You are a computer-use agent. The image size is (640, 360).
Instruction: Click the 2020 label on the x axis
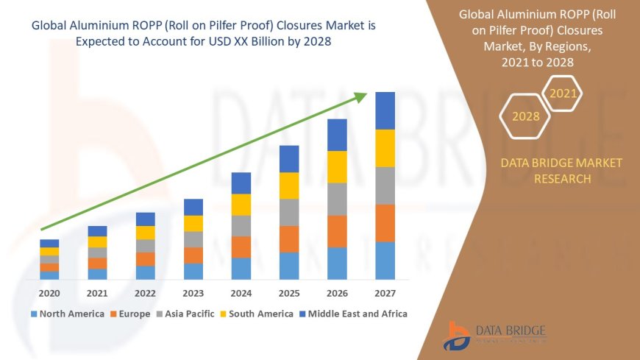pyautogui.click(x=49, y=292)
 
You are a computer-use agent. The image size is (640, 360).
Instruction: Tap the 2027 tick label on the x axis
pyautogui.click(x=385, y=292)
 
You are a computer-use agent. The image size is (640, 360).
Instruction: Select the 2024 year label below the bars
pyautogui.click(x=241, y=292)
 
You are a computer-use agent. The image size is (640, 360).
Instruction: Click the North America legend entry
pyautogui.click(x=67, y=314)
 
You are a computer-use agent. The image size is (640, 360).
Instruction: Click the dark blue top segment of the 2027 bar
pyautogui.click(x=385, y=110)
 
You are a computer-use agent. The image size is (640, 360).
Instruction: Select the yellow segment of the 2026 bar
pyautogui.click(x=337, y=166)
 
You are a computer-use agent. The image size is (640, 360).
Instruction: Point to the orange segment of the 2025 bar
pyautogui.click(x=289, y=239)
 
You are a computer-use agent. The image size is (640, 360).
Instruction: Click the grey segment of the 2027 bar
pyautogui.click(x=385, y=186)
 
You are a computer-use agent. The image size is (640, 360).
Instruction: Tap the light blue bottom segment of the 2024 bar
pyautogui.click(x=241, y=268)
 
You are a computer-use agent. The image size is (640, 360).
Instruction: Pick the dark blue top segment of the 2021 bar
pyautogui.click(x=97, y=231)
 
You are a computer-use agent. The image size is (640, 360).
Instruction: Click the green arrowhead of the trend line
pyautogui.click(x=360, y=96)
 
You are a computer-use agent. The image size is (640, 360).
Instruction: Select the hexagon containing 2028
pyautogui.click(x=525, y=116)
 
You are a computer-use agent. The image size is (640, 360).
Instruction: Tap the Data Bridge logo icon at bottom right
pyautogui.click(x=458, y=336)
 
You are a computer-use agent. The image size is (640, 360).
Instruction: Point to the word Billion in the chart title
pyautogui.click(x=263, y=42)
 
